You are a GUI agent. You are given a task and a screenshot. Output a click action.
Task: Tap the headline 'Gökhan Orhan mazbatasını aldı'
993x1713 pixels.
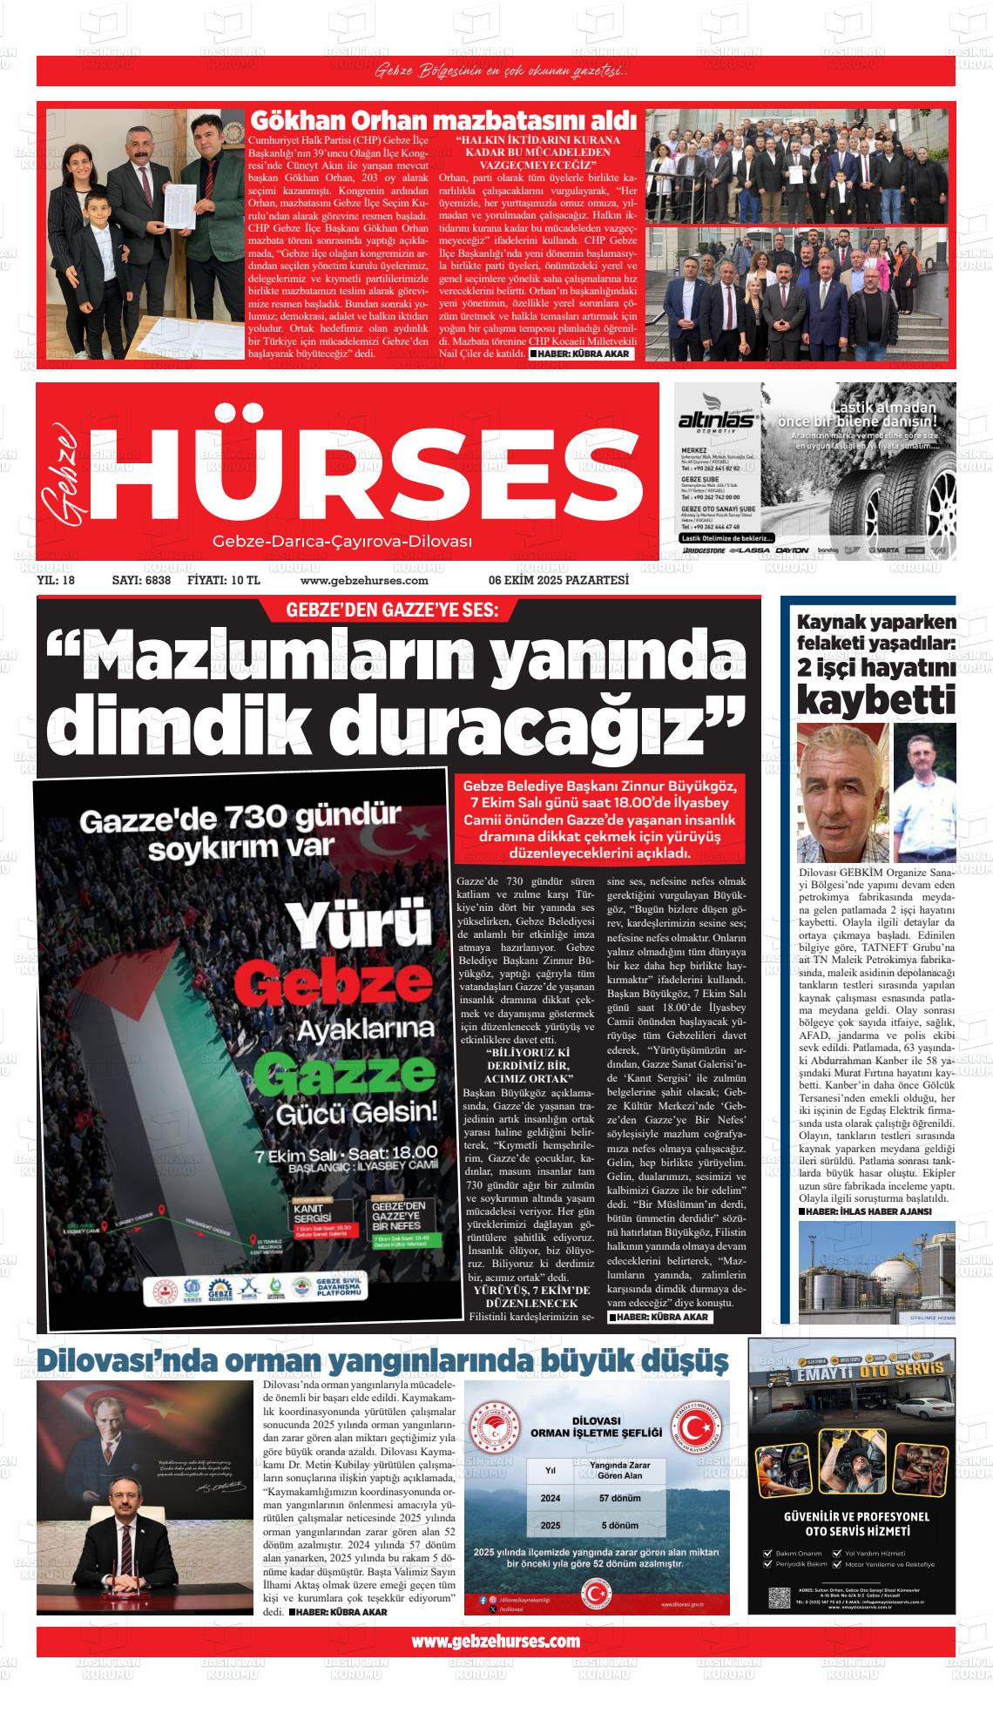(443, 120)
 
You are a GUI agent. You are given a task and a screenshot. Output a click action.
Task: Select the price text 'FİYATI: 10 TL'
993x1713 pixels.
(224, 581)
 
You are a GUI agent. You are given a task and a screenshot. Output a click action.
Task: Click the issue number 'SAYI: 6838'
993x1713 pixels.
(141, 581)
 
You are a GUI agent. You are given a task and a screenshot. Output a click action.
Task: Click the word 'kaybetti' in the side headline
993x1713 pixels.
(875, 699)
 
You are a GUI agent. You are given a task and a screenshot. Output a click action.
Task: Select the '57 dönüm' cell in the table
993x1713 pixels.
(619, 1498)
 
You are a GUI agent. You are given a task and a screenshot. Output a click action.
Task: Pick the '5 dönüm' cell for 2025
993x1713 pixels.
(619, 1525)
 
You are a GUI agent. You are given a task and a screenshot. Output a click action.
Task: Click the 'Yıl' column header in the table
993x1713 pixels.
(551, 1470)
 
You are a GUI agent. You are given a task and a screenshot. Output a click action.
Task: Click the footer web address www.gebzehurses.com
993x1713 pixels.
(496, 1642)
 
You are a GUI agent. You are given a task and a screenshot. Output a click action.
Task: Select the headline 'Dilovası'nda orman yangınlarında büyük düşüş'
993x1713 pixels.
(382, 1359)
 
